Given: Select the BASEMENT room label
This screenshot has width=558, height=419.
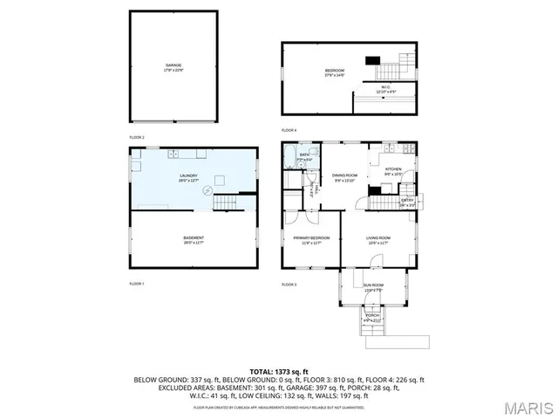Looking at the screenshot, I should pyautogui.click(x=194, y=237).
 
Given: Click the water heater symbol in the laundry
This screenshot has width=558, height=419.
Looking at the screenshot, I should pyautogui.click(x=208, y=189).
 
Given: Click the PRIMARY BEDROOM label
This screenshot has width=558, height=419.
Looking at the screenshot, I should pyautogui.click(x=307, y=240).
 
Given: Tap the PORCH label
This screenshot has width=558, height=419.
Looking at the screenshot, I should pyautogui.click(x=372, y=315).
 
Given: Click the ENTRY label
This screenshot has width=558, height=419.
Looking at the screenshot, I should pyautogui.click(x=406, y=202).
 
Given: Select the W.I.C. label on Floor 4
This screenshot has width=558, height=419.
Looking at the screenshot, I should pyautogui.click(x=385, y=89).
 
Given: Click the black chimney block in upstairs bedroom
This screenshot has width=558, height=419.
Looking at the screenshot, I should pyautogui.click(x=372, y=61).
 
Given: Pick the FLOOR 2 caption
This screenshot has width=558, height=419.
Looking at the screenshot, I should pyautogui.click(x=137, y=137).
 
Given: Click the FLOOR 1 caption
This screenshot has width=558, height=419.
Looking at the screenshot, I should pyautogui.click(x=137, y=284).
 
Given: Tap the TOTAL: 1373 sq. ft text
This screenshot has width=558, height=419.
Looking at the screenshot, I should pyautogui.click(x=278, y=372).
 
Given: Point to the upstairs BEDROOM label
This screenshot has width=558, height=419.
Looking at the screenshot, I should pyautogui.click(x=335, y=72).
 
